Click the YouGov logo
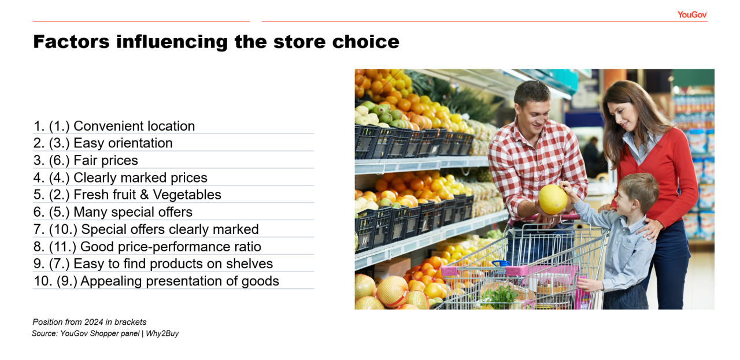[x=692, y=14]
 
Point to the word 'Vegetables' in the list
[x=187, y=195]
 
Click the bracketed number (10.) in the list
[x=63, y=229]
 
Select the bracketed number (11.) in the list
[x=63, y=247]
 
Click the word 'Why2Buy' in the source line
[x=162, y=333]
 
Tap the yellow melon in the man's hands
[x=553, y=199]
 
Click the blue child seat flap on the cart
[x=501, y=263]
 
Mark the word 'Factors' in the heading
[x=71, y=42]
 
